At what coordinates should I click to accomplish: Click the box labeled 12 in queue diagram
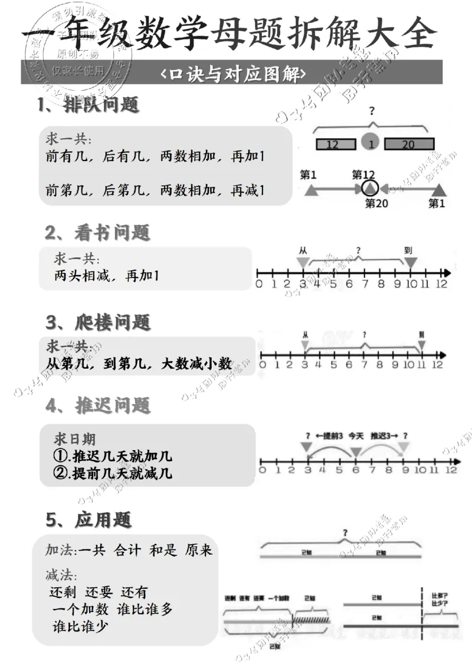pyautogui.click(x=336, y=144)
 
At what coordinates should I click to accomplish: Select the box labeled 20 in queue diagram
pyautogui.click(x=408, y=144)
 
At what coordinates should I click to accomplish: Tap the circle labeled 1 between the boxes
pyautogui.click(x=371, y=144)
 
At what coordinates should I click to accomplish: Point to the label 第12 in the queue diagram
pyautogui.click(x=363, y=175)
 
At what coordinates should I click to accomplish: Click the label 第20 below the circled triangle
pyautogui.click(x=377, y=204)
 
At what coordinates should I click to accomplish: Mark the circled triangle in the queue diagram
pyautogui.click(x=369, y=189)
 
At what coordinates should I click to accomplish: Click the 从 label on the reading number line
pyautogui.click(x=303, y=250)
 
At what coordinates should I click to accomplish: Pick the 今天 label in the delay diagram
pyautogui.click(x=356, y=436)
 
